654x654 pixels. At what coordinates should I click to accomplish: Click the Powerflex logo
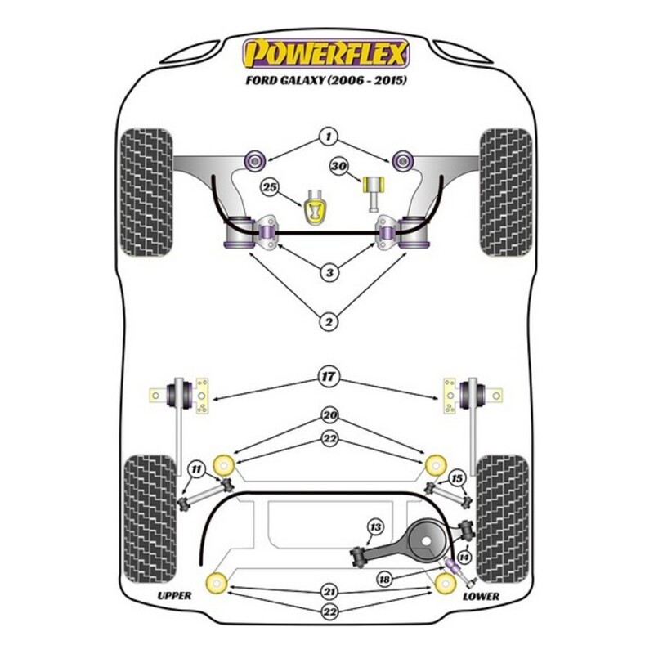click(325, 53)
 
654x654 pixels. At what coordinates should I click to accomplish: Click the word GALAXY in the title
click(299, 80)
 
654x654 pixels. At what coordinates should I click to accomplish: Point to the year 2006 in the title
click(344, 80)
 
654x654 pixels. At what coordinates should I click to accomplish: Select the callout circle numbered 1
click(329, 136)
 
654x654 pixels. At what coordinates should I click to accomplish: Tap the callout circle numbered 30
click(338, 167)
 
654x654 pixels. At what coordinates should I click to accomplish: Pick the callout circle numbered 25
click(271, 187)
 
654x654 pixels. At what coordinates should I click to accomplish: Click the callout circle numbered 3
click(329, 273)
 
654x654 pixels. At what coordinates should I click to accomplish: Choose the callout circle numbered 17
click(329, 377)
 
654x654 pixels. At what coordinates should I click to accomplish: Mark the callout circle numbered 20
click(329, 415)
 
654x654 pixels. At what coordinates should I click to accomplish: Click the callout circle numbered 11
click(196, 469)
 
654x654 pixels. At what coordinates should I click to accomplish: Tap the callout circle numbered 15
click(457, 478)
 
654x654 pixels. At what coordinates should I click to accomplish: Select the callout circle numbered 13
click(375, 527)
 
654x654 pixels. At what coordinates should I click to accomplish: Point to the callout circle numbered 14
click(464, 558)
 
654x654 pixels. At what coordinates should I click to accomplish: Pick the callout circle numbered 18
click(385, 580)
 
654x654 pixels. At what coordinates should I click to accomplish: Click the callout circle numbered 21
click(329, 592)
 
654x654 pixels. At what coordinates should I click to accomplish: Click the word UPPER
click(174, 596)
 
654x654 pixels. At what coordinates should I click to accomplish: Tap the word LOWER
click(481, 597)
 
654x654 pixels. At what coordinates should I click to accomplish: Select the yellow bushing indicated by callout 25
click(315, 208)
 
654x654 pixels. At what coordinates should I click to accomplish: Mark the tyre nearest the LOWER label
click(504, 519)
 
